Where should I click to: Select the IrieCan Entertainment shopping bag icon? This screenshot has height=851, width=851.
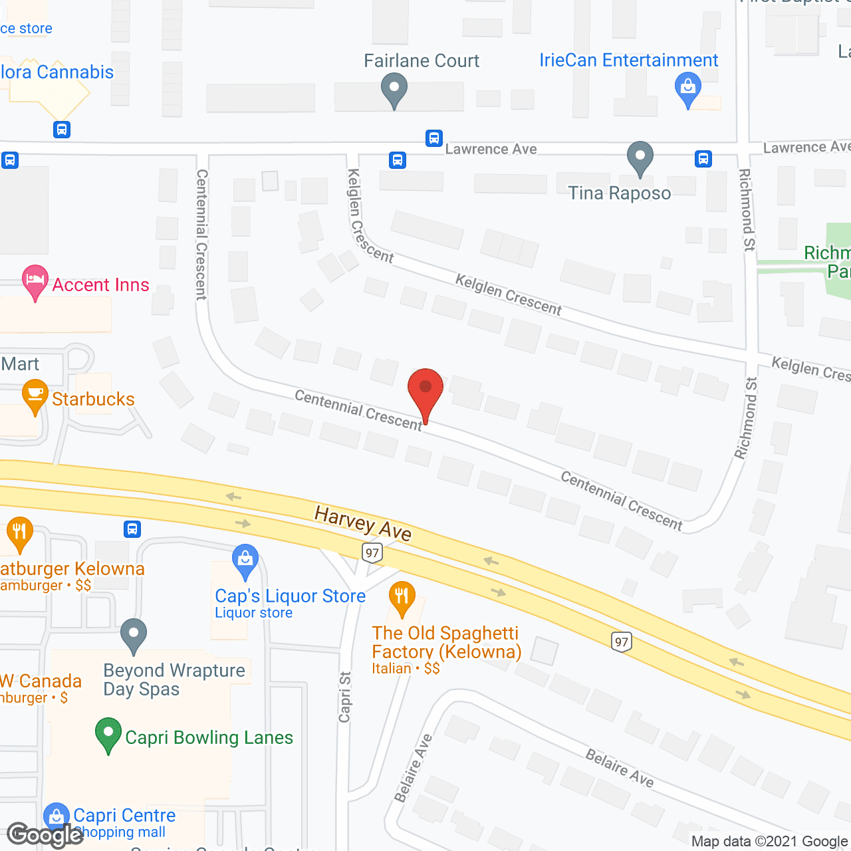(x=688, y=89)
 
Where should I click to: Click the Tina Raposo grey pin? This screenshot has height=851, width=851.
(x=640, y=158)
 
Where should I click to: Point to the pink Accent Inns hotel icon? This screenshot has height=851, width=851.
(x=35, y=282)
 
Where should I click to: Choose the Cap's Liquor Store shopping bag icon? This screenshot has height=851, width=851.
(x=245, y=560)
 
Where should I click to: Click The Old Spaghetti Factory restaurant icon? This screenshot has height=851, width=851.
(x=402, y=597)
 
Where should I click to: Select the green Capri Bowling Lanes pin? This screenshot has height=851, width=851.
(x=108, y=735)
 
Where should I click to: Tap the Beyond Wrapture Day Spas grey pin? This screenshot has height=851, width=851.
(x=134, y=635)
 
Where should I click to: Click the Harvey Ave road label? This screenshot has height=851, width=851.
(x=363, y=523)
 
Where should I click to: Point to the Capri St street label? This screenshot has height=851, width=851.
(x=344, y=696)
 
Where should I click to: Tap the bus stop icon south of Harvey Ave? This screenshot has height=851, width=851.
(x=132, y=529)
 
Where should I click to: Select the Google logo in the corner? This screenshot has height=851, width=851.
(x=45, y=835)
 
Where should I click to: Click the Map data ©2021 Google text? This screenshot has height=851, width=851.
(x=770, y=842)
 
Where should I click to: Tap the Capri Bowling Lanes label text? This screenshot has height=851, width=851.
(x=209, y=738)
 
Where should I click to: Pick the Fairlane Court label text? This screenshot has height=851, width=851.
(x=422, y=61)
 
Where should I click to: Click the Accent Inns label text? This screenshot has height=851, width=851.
(x=100, y=285)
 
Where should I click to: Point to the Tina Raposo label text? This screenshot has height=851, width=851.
(x=619, y=193)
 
